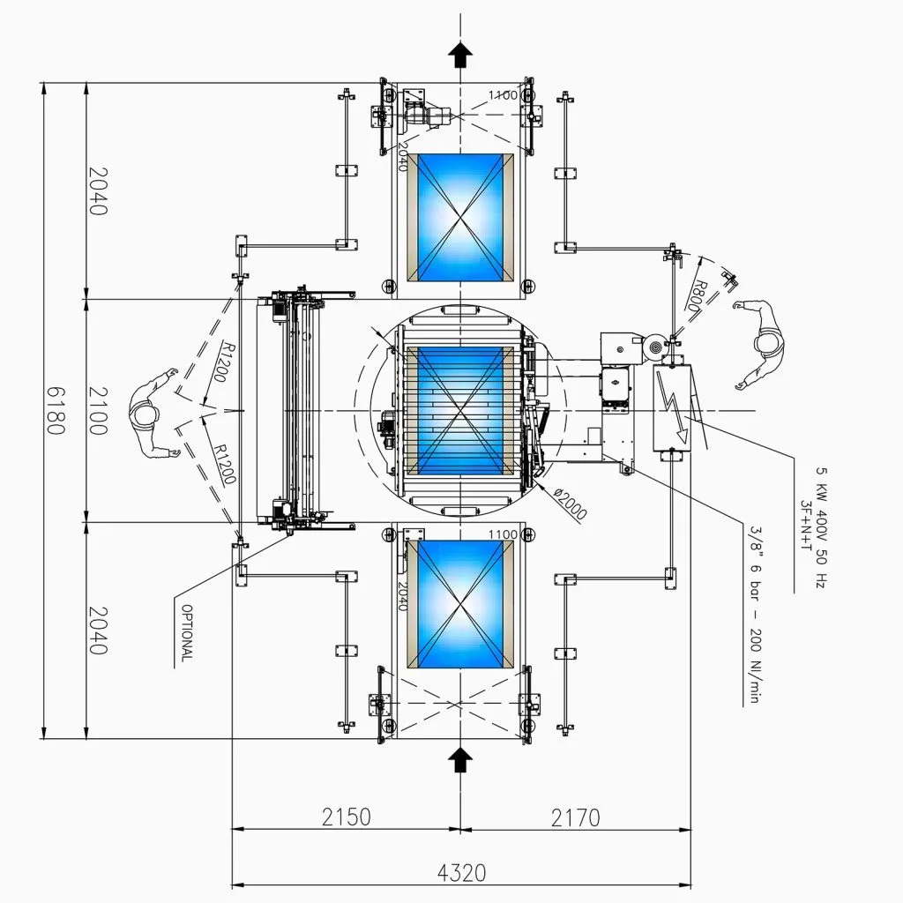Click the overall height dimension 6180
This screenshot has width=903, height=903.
tap(56, 411)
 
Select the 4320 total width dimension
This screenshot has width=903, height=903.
tap(461, 873)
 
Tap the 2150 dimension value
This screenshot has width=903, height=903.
tap(346, 817)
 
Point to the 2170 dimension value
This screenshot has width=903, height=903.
tap(575, 817)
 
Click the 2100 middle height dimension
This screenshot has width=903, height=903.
tap(98, 411)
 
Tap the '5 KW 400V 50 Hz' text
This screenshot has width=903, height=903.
tap(822, 527)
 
